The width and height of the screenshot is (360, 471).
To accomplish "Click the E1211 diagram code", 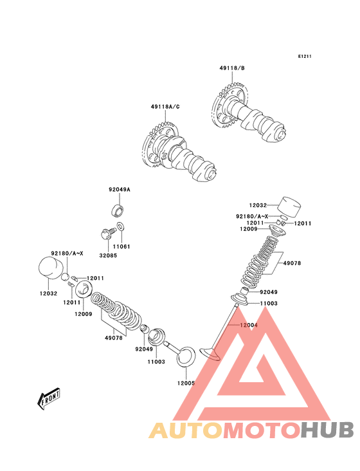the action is [305, 56].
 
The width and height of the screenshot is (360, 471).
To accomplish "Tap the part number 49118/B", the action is [232, 68].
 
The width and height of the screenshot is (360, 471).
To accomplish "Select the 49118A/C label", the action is [165, 107].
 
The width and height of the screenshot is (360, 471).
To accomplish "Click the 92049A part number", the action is [120, 190].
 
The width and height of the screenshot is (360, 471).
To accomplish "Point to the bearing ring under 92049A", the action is [117, 210].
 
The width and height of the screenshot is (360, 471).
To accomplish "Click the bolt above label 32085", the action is [107, 234].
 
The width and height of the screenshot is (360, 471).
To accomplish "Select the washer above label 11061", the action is [121, 226].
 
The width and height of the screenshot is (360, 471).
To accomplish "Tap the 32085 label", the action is [108, 255].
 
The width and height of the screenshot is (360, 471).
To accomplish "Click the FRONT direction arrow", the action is [49, 398].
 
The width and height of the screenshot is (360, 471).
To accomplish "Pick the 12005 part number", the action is [186, 383].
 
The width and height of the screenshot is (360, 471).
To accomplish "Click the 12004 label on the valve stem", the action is [248, 325].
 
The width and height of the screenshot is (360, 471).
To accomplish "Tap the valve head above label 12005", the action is [185, 356].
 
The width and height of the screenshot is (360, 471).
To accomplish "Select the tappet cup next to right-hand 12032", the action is [289, 207].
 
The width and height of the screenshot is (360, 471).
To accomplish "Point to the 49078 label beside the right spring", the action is [292, 263].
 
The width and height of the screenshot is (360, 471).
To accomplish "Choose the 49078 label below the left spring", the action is [114, 338].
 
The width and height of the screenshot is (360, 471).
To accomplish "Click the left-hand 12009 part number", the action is [84, 314].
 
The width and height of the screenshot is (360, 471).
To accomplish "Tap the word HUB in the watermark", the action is [328, 430].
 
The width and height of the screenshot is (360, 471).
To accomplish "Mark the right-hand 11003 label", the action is [269, 304].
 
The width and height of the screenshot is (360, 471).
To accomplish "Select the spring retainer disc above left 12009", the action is [84, 288].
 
